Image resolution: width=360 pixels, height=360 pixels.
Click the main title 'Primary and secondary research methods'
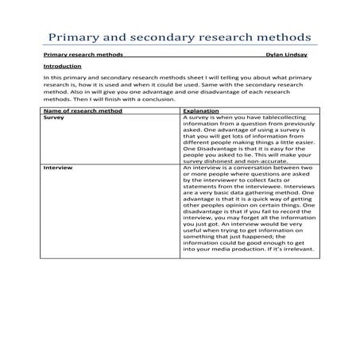point(180,38)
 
